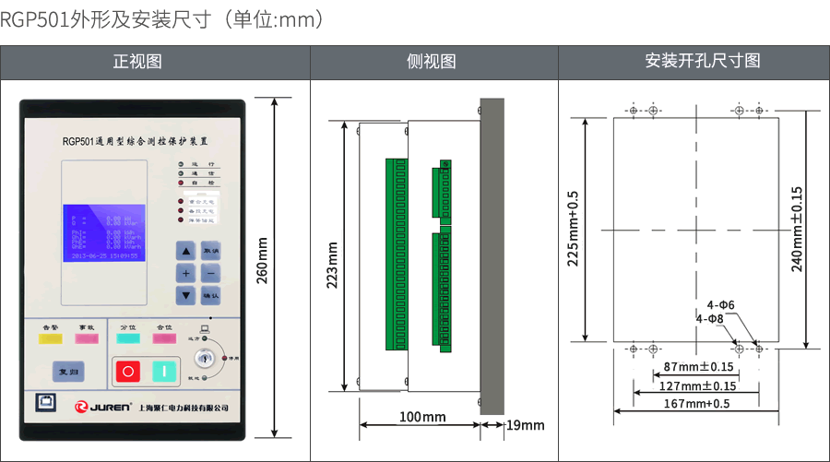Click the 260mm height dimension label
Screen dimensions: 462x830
pos(262,261)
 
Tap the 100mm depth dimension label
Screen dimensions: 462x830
pos(421,417)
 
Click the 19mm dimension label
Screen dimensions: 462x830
pos(526,425)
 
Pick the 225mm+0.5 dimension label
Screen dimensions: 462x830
pos(573,229)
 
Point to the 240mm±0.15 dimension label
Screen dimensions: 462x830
pos(797,229)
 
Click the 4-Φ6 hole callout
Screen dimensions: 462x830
pos(720,304)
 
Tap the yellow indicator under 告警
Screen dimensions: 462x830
pos(50,338)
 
